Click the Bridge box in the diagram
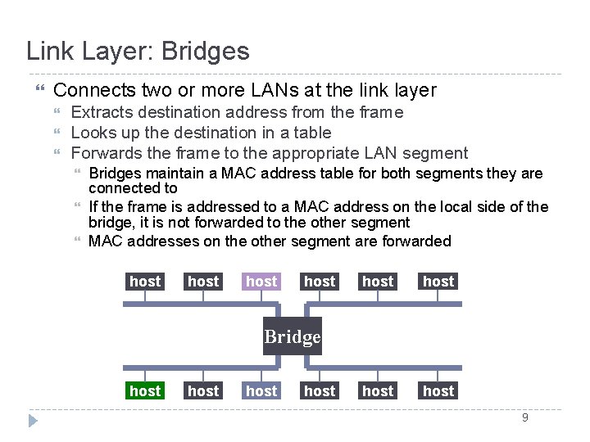[x=293, y=336]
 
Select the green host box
[x=145, y=390]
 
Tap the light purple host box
[x=261, y=281]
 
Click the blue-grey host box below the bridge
[x=261, y=390]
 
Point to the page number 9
[x=525, y=417]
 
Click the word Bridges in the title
[x=206, y=51]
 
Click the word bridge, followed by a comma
[x=111, y=223]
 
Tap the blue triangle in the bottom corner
[x=33, y=421]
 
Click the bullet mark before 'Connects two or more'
[x=40, y=88]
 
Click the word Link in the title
[x=50, y=51]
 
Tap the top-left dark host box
[x=145, y=281]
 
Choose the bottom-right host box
[x=438, y=390]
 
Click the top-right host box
[x=438, y=281]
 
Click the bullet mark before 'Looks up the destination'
[x=57, y=131]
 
